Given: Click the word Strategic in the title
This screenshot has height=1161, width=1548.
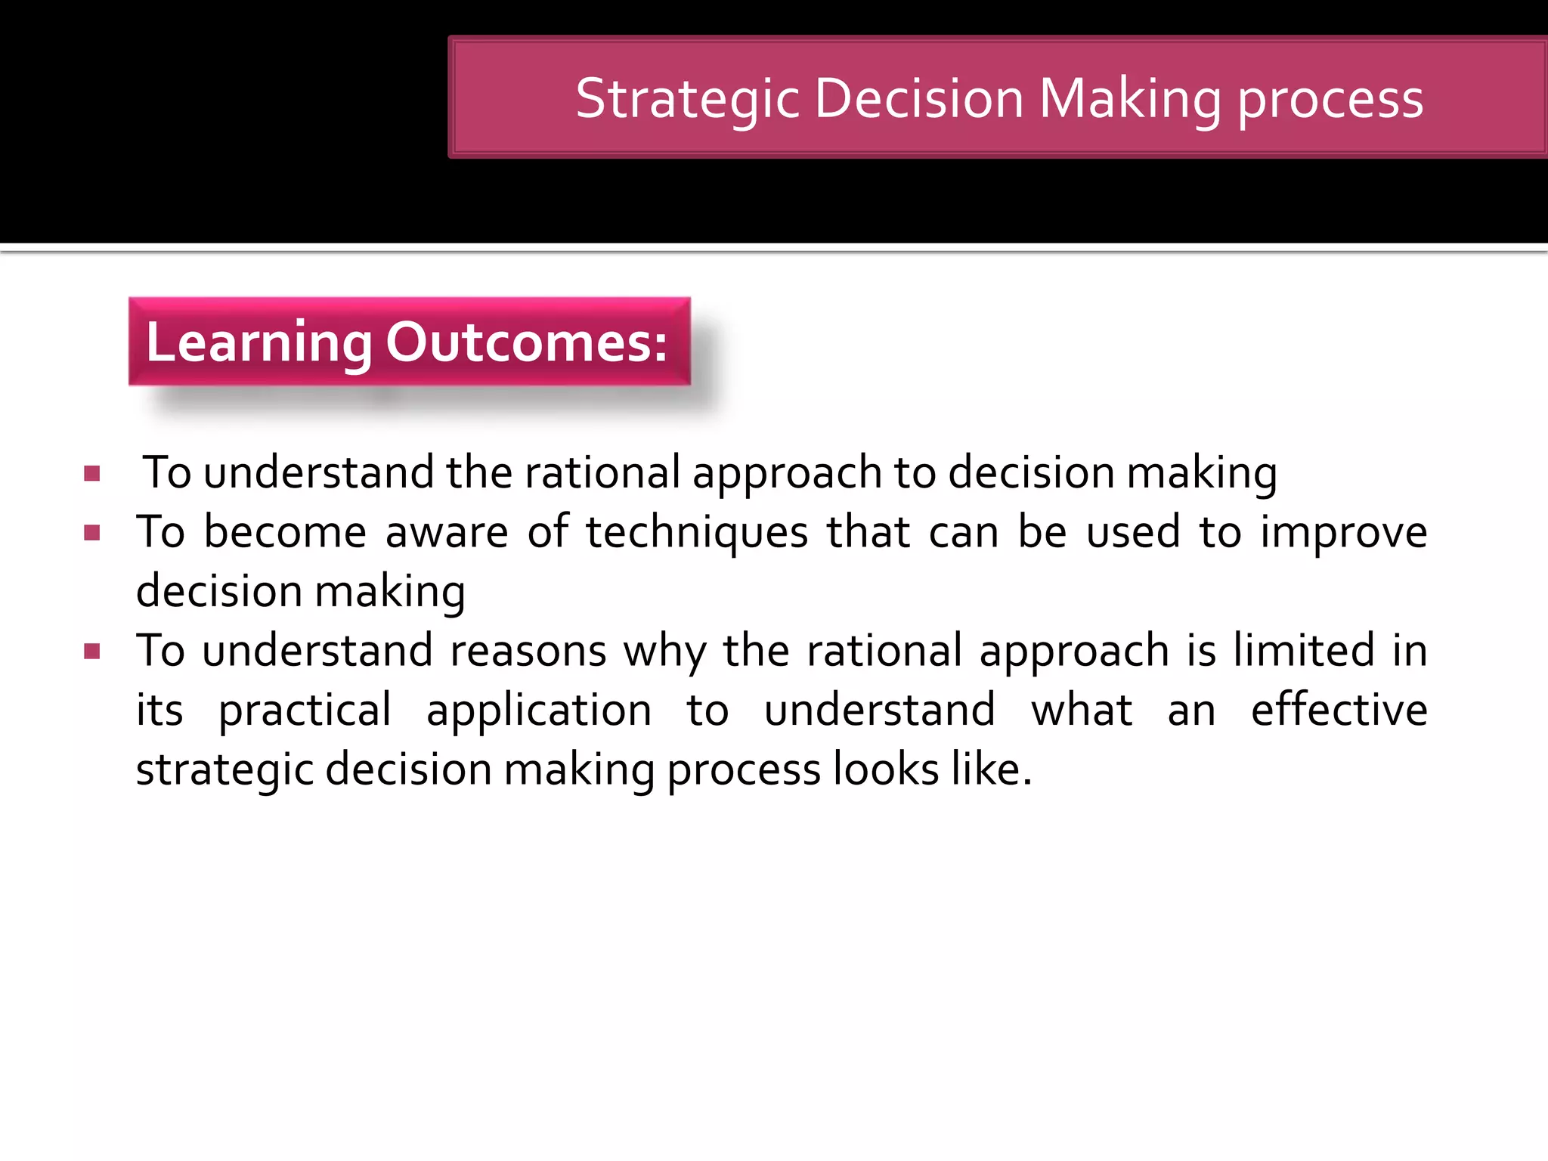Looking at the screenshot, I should click(687, 99).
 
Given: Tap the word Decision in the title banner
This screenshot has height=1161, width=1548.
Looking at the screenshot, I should click(919, 99).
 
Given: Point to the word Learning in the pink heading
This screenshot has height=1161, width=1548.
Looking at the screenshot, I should click(259, 342).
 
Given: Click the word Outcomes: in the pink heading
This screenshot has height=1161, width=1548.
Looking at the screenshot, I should click(527, 342).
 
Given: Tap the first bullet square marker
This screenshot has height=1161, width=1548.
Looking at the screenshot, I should click(92, 474).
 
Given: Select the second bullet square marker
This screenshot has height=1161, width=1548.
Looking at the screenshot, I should click(92, 533).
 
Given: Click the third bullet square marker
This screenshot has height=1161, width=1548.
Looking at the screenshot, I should click(92, 651).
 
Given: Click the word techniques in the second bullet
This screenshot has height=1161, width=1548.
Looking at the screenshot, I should click(697, 532).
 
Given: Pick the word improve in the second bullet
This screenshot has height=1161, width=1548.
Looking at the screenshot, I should click(1344, 532).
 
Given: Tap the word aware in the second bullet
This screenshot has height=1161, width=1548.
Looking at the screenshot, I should click(447, 532).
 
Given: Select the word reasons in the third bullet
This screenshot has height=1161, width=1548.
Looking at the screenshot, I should click(528, 651).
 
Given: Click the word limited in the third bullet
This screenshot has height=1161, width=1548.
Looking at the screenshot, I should click(1304, 651).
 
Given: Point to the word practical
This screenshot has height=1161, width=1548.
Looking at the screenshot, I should click(305, 711).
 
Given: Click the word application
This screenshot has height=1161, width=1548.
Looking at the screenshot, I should click(539, 711).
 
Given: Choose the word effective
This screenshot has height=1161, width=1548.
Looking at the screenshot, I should click(1339, 710).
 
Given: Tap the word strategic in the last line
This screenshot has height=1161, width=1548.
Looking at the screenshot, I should click(224, 770).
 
